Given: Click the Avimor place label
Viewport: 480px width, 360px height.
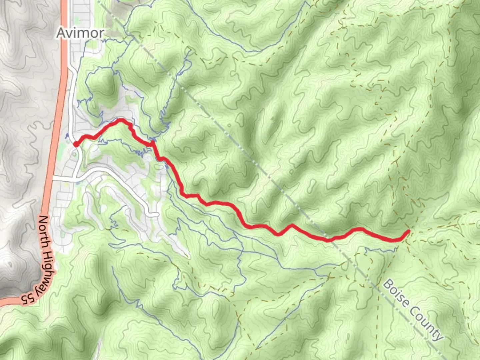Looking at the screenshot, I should [x=80, y=33].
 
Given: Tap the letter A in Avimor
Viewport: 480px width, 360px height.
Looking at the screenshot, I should [x=61, y=33].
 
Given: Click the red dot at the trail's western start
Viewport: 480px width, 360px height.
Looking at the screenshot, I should [x=76, y=144].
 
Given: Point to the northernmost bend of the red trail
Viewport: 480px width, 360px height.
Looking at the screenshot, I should [x=121, y=120].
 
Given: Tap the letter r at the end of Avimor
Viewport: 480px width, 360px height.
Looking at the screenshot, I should [x=101, y=33].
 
